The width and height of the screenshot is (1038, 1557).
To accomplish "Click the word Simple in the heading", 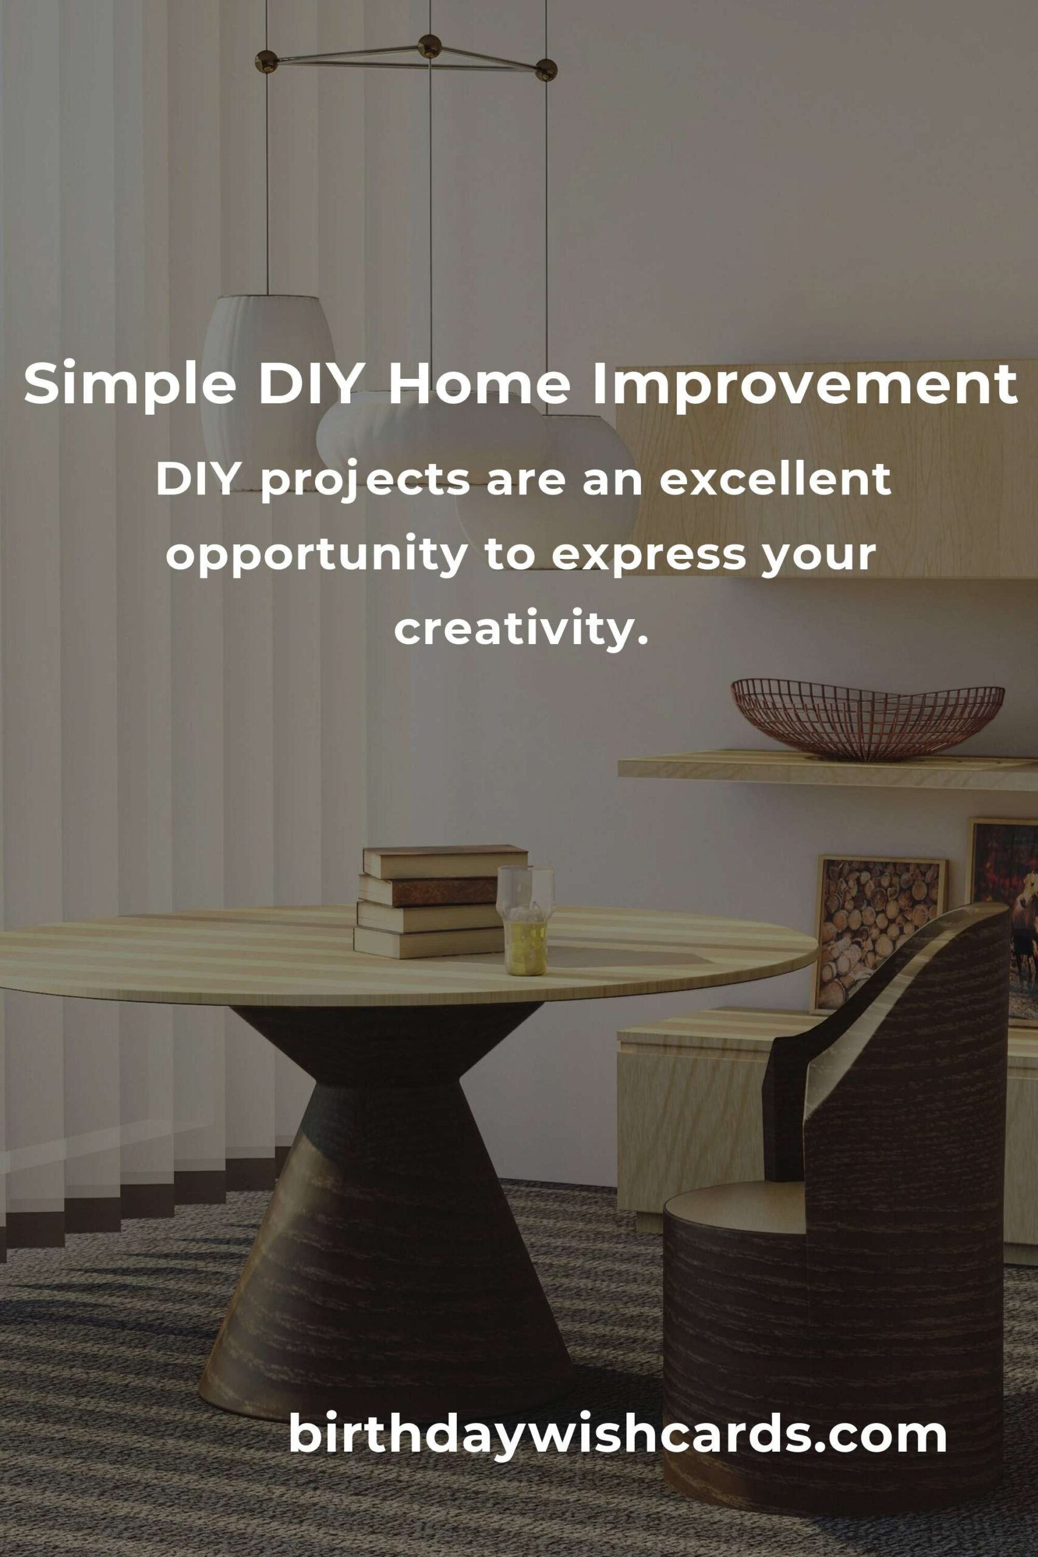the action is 130,387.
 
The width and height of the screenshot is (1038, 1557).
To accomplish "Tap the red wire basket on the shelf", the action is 867,720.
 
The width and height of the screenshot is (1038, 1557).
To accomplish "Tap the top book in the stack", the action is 445,861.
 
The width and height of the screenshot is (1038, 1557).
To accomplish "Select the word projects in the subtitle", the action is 365,482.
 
